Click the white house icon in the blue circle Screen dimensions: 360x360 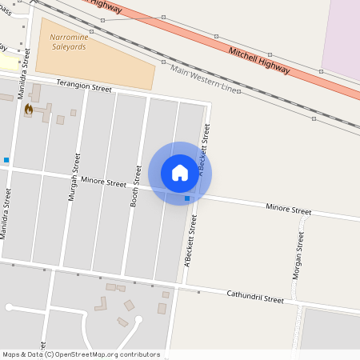point(180,173)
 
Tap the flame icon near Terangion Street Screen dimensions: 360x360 point(29,109)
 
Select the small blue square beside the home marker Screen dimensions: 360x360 point(187,198)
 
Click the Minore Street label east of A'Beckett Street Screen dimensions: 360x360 point(288,210)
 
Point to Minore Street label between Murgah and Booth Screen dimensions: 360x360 point(104,182)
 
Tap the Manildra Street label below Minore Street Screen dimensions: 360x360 point(7,214)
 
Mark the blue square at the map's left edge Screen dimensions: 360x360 point(6,160)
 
